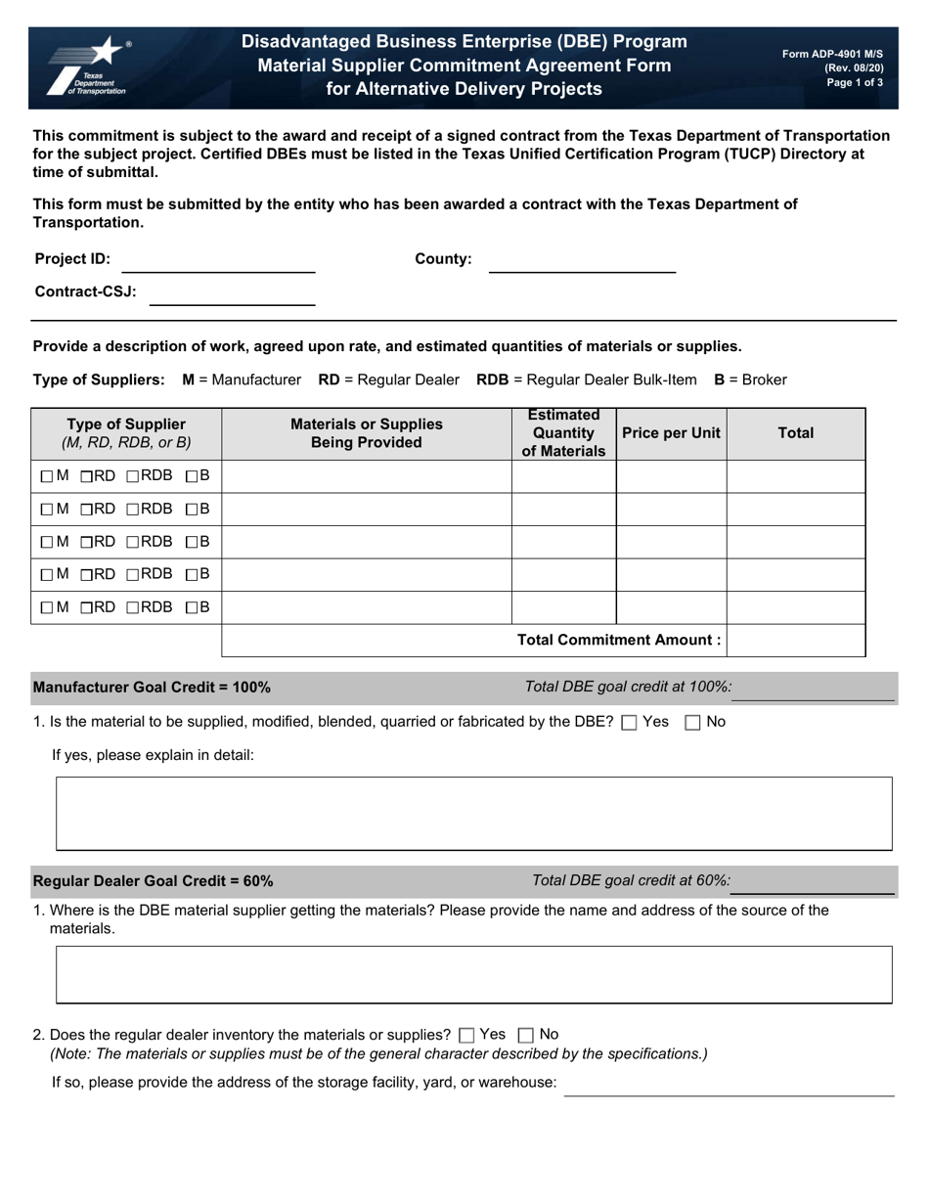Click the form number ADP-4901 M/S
click(832, 55)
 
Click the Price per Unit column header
click(671, 433)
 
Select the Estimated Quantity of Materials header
click(563, 433)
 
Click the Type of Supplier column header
click(126, 433)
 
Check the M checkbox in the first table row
click(47, 477)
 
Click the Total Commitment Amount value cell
click(795, 640)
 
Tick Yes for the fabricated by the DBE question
click(629, 723)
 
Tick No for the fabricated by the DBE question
click(692, 723)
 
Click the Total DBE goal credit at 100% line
click(813, 690)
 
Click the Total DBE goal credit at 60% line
click(813, 883)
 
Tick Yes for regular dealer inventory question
click(466, 1035)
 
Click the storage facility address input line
click(729, 1086)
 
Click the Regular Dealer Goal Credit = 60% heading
click(154, 881)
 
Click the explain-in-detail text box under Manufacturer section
click(473, 814)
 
